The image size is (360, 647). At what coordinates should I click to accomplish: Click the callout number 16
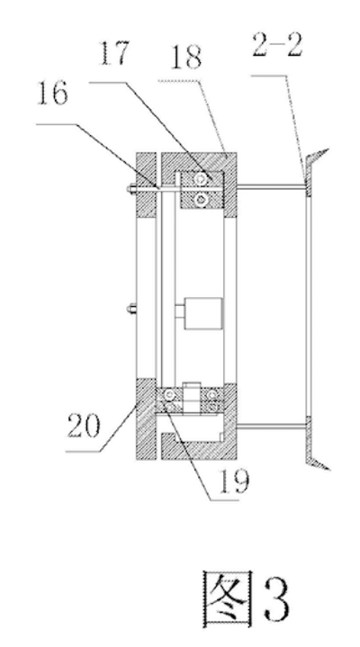pos(52,94)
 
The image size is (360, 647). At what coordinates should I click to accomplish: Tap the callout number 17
pos(114,53)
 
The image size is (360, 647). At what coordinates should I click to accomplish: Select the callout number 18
pos(186,57)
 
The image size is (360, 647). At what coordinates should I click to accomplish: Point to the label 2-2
pos(277,45)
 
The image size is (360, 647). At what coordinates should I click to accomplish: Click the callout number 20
pos(84,426)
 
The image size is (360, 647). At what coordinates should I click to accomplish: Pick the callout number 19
pos(234,481)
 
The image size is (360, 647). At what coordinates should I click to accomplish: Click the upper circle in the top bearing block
pos(202,179)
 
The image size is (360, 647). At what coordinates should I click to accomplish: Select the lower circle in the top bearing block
pos(202,200)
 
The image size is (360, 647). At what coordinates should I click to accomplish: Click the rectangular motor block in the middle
pos(203,313)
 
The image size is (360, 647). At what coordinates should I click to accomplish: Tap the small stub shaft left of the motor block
pos(180,310)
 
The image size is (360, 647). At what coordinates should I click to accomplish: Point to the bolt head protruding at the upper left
pos(131,189)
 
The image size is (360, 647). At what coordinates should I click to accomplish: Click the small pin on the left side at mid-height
pos(131,308)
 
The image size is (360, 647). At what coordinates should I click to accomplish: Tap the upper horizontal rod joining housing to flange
pos(271,187)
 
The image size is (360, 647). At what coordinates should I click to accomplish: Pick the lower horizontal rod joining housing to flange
pos(271,427)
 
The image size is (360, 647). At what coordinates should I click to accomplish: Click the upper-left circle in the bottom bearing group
pos(169,394)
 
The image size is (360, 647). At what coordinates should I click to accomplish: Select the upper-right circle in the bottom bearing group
pos(213,395)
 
